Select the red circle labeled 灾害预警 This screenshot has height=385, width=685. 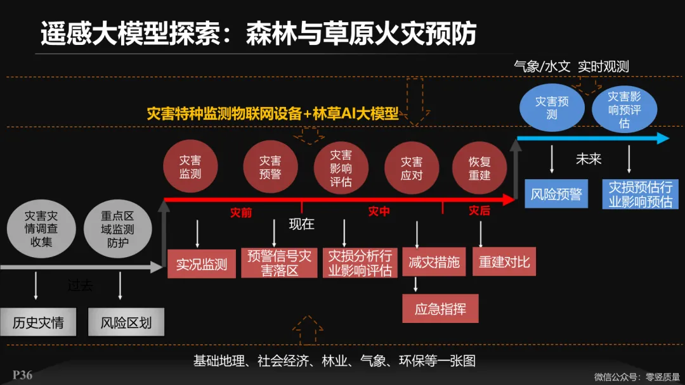coord(270,167)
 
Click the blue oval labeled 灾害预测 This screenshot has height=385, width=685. coord(551,108)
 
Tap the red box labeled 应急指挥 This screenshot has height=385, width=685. coord(440,309)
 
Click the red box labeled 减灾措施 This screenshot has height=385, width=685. coord(434,262)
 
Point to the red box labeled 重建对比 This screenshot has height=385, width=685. coord(504,262)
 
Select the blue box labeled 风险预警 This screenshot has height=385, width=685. coord(556,194)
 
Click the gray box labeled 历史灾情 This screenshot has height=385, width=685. coord(38,322)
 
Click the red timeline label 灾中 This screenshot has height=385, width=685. coord(379,211)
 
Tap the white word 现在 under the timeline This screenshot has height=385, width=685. coord(301,224)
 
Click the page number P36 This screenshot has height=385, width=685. coord(22,376)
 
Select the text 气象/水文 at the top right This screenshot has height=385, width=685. coord(542,66)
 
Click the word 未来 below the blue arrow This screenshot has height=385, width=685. coord(588,159)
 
